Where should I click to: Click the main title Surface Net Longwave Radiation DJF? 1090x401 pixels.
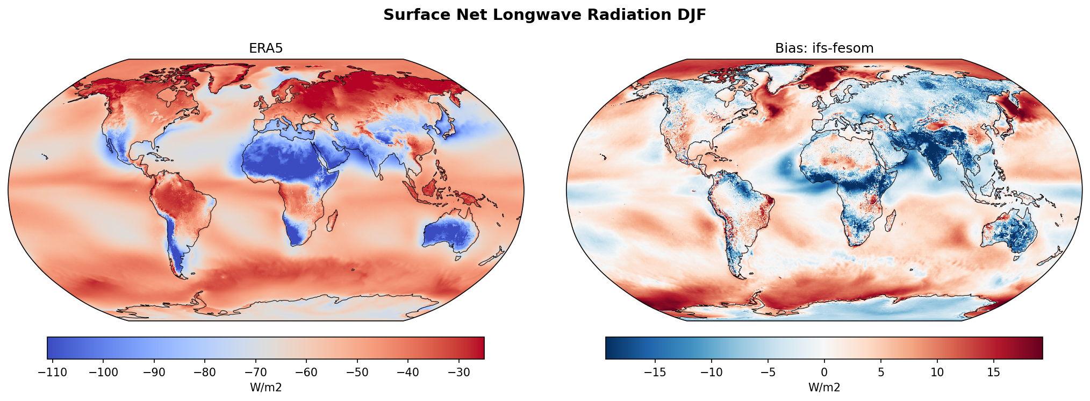[x=544, y=15]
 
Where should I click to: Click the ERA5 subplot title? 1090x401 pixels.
[x=266, y=48]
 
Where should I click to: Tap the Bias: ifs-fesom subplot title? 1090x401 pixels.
[x=824, y=48]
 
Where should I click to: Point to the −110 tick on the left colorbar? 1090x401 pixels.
[x=53, y=373]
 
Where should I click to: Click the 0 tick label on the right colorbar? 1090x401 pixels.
[x=824, y=373]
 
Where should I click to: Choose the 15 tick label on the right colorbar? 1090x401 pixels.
[x=994, y=373]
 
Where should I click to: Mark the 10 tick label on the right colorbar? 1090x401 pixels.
[x=937, y=373]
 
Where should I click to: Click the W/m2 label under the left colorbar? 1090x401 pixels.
[x=266, y=388]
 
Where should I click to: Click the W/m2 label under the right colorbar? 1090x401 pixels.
[x=824, y=388]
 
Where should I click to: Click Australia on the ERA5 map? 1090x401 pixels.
[x=450, y=234]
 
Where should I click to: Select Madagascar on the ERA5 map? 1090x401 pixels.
[x=332, y=220]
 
